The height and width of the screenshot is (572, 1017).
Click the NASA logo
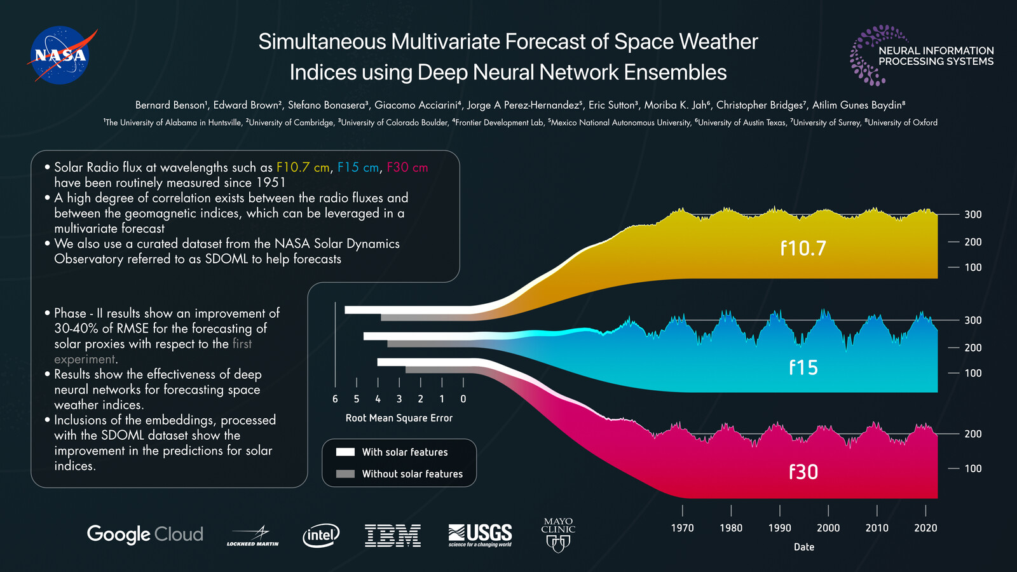(x=61, y=55)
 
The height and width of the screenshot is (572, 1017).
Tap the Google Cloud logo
(x=145, y=534)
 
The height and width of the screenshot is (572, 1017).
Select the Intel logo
(x=321, y=535)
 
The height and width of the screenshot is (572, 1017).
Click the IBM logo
(x=393, y=535)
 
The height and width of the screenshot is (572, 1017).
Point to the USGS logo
(x=480, y=535)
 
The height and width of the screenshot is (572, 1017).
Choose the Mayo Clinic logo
(x=558, y=534)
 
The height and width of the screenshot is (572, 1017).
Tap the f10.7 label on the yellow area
(x=803, y=248)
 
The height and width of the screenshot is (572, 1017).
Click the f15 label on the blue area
(x=803, y=367)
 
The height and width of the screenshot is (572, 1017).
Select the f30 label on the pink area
(x=803, y=472)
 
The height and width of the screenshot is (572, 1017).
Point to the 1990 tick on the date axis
(x=779, y=528)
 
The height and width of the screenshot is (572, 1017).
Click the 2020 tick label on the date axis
(x=925, y=528)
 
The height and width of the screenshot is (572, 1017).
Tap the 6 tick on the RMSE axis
(x=335, y=399)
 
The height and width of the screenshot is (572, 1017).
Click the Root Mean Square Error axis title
(x=399, y=418)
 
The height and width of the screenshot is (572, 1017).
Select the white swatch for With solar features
(x=345, y=452)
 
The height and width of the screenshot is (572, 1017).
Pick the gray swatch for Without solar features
(x=345, y=473)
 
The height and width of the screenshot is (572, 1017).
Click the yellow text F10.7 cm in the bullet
(x=303, y=167)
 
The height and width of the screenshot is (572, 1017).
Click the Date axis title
(x=804, y=547)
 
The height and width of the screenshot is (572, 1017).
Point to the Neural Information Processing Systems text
(x=936, y=56)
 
